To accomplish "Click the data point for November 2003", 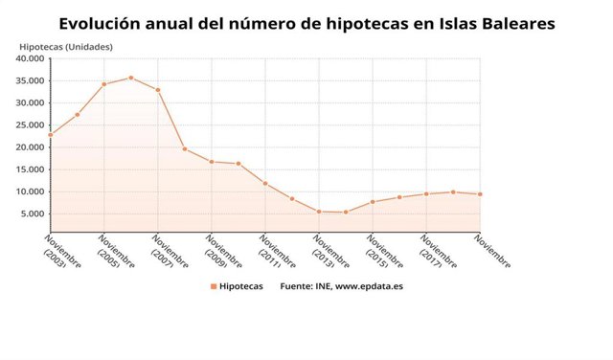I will pyautogui.click(x=50, y=135).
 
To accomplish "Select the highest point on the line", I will pyautogui.click(x=131, y=78).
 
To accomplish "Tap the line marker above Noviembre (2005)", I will pyautogui.click(x=103, y=84).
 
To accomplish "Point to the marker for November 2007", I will pyautogui.click(x=158, y=90).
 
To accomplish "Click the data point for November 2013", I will pyautogui.click(x=319, y=212).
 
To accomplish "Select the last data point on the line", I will pyautogui.click(x=480, y=194).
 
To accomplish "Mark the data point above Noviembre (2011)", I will pyautogui.click(x=265, y=184).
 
